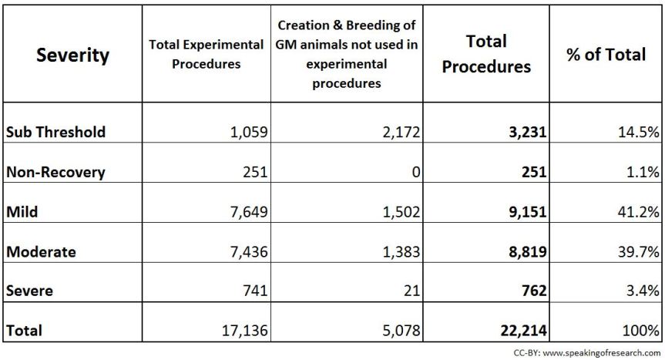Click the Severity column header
pyautogui.click(x=72, y=56)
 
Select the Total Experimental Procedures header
pyautogui.click(x=206, y=56)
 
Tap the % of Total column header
pyautogui.click(x=605, y=56)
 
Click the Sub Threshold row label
pyautogui.click(x=55, y=132)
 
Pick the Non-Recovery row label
pyautogui.click(x=55, y=172)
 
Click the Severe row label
pyautogui.click(x=28, y=291)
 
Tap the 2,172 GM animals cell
pyautogui.click(x=398, y=132)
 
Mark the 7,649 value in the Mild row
pyautogui.click(x=247, y=211)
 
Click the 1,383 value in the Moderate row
pyautogui.click(x=398, y=251)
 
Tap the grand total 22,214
pyautogui.click(x=521, y=331)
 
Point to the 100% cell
pyautogui.click(x=641, y=331)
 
